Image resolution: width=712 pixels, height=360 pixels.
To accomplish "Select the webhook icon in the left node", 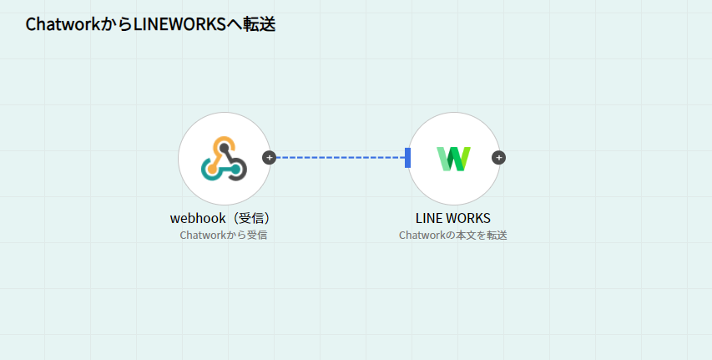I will tap(224, 158).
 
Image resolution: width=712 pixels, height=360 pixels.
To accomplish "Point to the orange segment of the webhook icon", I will tap(219, 149).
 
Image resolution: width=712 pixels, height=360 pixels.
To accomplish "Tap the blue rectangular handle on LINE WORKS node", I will tap(407, 157).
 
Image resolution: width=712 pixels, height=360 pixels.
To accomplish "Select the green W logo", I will tap(453, 158).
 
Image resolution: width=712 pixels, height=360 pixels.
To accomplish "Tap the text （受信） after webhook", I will tap(252, 218).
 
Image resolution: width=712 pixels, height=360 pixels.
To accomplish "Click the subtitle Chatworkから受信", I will tap(223, 236).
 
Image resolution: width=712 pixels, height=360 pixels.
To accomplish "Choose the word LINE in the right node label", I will tap(429, 218).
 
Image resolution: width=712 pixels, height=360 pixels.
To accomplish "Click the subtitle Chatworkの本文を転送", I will tap(453, 236).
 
